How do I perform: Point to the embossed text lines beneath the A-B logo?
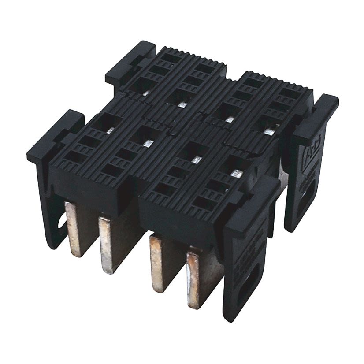tap(311, 174)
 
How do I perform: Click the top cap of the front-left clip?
tap(55, 135)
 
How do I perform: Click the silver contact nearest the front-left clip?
tap(112, 130)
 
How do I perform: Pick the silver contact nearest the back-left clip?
tap(145, 93)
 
